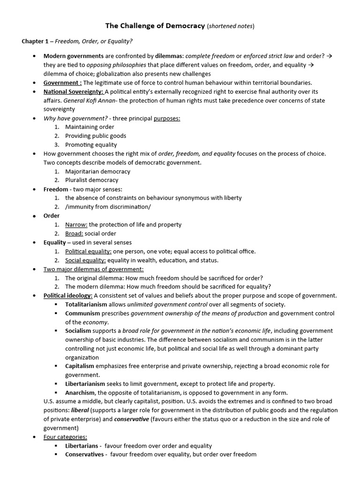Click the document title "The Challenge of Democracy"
point(155,26)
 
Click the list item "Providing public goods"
point(96,136)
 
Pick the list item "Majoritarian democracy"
point(97,172)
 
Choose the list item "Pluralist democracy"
point(92,180)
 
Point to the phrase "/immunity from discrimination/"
point(108,207)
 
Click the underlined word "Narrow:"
point(76,225)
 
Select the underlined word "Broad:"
point(74,233)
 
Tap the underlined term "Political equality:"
point(88,251)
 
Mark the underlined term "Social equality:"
point(85,260)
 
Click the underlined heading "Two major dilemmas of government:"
point(94,269)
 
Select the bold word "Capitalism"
point(80,366)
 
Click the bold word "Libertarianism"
point(86,384)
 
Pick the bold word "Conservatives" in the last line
point(84,454)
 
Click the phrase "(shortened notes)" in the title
point(230,26)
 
